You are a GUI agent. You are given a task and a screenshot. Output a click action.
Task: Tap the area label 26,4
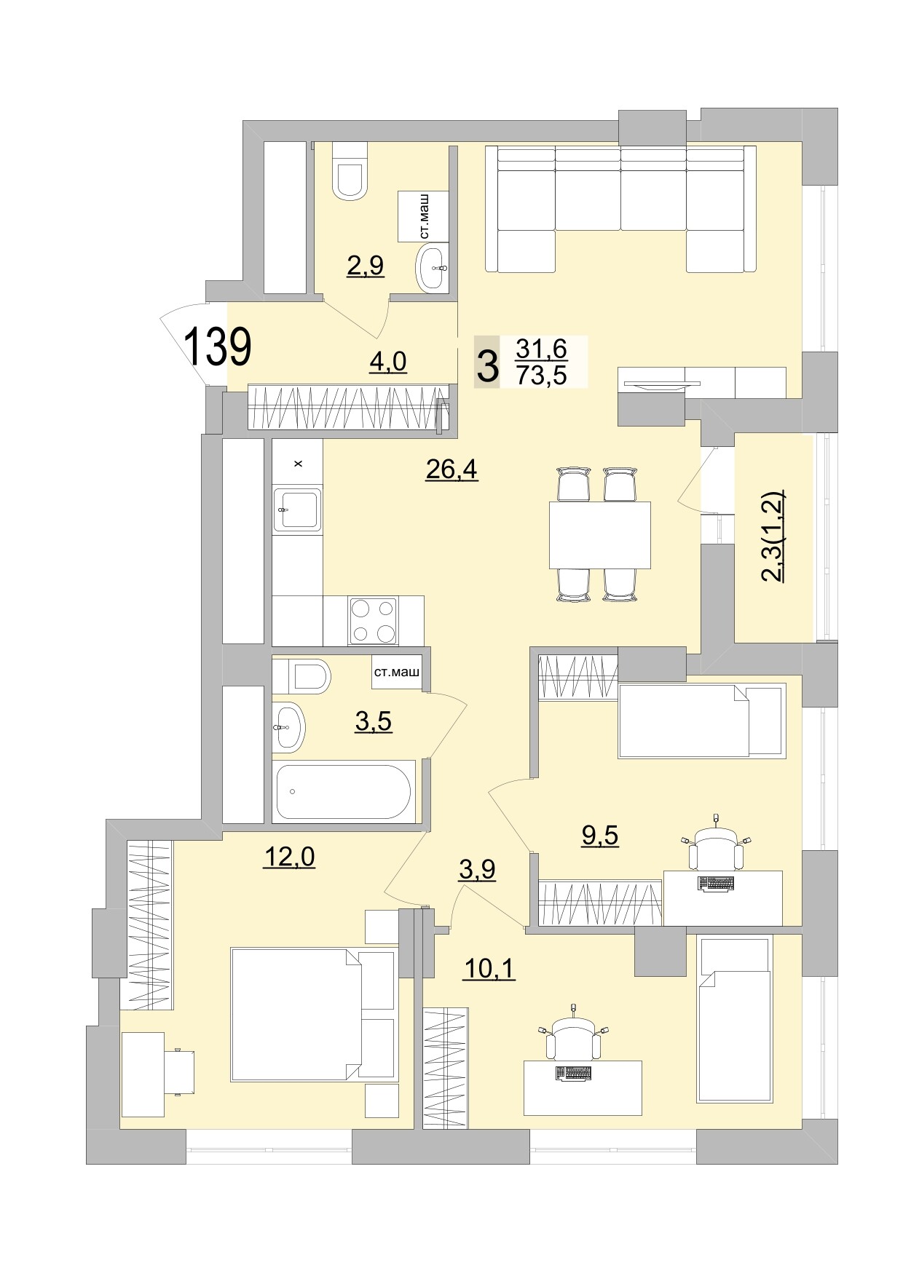451,469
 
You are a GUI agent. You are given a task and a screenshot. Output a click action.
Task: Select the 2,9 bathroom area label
365,266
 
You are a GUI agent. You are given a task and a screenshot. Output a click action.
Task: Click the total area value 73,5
540,375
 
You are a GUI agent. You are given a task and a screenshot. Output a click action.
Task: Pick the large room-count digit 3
487,367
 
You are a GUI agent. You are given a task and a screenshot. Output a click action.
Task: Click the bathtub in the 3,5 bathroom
343,791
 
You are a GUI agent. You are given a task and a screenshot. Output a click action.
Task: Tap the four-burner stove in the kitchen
373,621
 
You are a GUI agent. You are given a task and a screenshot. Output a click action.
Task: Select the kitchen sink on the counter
296,509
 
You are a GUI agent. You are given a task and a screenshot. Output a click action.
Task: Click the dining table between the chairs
599,535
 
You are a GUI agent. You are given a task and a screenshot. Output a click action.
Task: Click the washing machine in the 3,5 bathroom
396,673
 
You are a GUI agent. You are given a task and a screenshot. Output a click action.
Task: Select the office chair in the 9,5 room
717,848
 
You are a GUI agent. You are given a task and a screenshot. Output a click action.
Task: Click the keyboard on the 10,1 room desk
572,1073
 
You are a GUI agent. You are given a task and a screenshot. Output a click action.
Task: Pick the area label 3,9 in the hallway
477,868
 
